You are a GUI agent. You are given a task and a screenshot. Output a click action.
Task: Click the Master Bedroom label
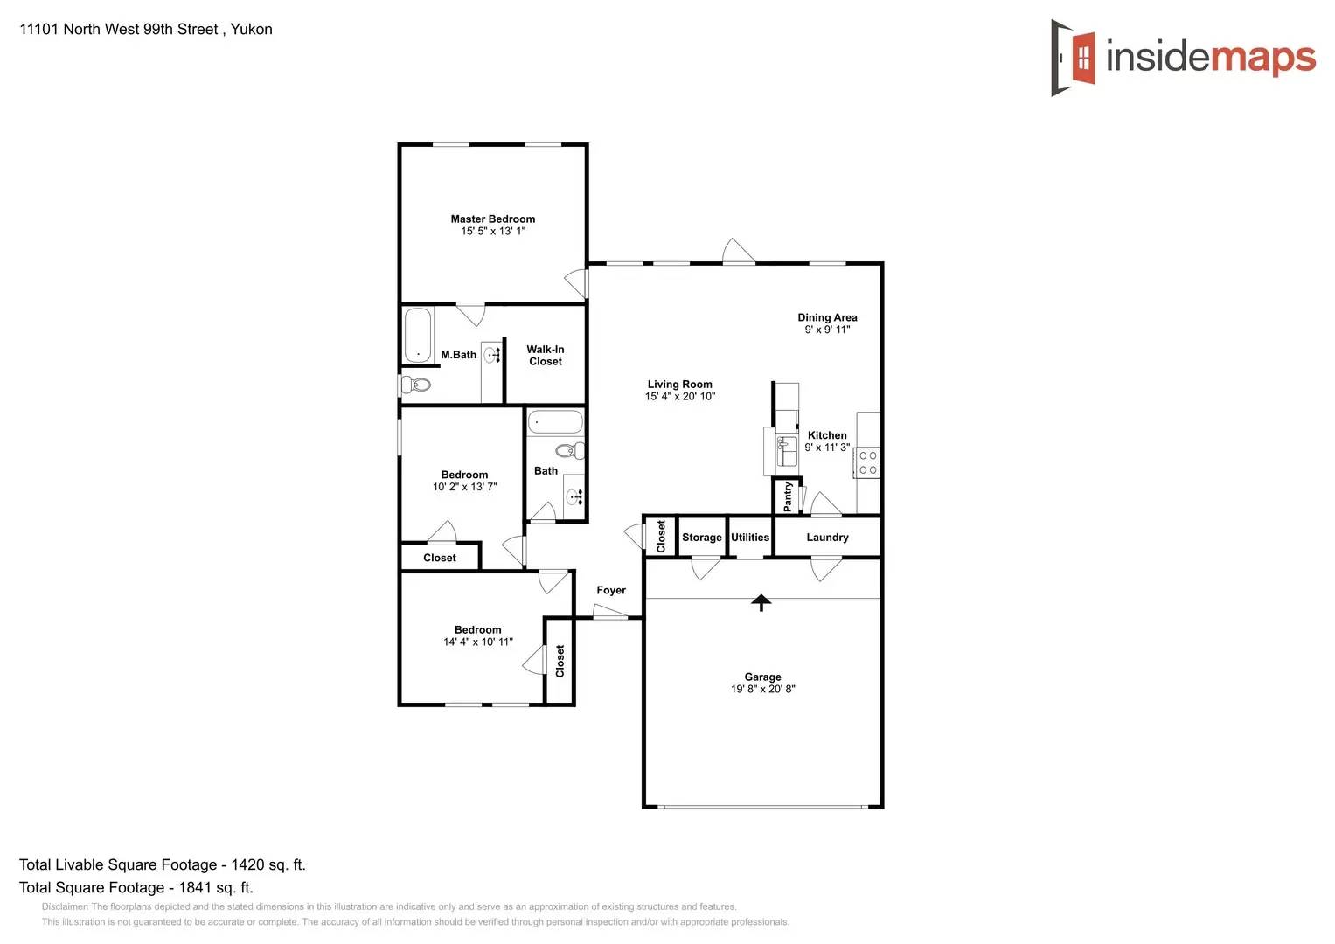(x=492, y=219)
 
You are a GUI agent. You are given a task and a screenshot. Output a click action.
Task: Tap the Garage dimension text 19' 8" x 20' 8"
(x=762, y=689)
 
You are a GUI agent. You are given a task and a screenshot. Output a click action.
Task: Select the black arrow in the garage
(x=761, y=602)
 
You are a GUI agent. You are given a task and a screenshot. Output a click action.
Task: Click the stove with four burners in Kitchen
(x=867, y=462)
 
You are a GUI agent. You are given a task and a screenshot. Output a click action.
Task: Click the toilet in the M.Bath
(x=416, y=385)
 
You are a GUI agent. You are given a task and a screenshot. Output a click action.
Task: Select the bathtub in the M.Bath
(x=418, y=334)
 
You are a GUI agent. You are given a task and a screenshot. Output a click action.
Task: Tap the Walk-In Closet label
(x=545, y=355)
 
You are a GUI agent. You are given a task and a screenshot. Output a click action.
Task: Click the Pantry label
(x=788, y=496)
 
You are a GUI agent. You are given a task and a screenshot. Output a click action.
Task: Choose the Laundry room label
(x=827, y=538)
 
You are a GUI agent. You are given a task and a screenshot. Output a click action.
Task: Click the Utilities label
(x=750, y=538)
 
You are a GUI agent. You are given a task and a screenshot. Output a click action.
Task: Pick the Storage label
(x=701, y=538)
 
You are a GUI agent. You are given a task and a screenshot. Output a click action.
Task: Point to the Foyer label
(x=611, y=590)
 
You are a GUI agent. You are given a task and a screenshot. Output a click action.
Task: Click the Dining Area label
(x=827, y=317)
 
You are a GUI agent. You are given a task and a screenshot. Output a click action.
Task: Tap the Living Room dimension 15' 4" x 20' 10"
(x=679, y=397)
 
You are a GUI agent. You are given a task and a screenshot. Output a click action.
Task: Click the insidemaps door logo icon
(x=1074, y=58)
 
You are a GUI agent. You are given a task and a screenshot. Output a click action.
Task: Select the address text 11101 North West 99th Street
(x=119, y=29)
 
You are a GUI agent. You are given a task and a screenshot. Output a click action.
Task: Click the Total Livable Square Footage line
(x=163, y=864)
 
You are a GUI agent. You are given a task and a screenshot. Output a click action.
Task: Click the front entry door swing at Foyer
(x=609, y=612)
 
